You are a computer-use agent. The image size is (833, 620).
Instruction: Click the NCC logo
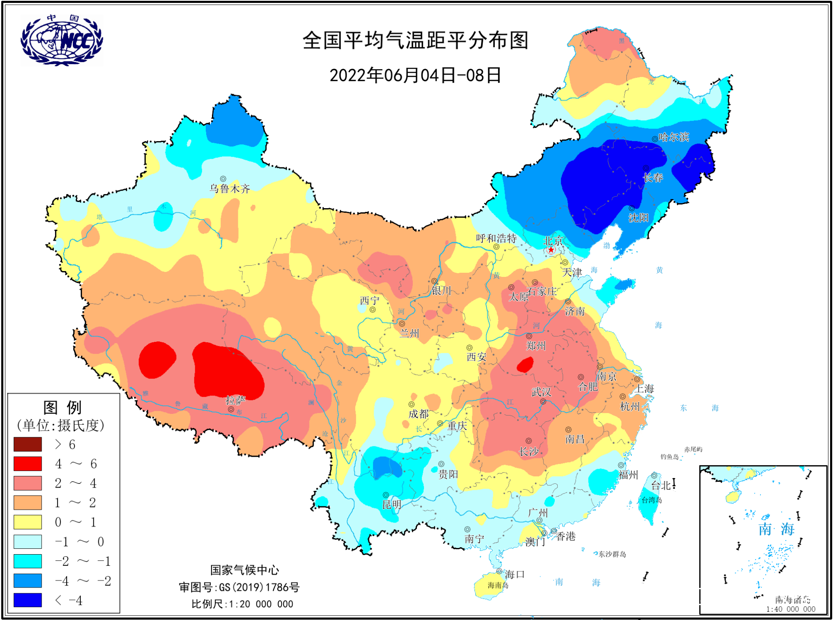tap(62, 40)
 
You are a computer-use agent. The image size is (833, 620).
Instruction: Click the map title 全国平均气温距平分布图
tap(415, 41)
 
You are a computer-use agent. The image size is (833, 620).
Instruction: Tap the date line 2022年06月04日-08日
tap(415, 76)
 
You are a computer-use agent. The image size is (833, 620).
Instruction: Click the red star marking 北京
tap(551, 250)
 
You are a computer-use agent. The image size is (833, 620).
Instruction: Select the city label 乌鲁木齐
tap(229, 189)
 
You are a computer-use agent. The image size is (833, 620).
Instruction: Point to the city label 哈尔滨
tap(673, 137)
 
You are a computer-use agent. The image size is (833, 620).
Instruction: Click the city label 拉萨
tap(235, 401)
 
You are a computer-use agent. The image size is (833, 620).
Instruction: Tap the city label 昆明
tap(392, 505)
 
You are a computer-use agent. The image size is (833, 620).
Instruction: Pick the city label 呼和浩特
tap(496, 238)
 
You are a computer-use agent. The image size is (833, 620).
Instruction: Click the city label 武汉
tap(541, 392)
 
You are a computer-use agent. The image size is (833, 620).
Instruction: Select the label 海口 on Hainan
tap(514, 575)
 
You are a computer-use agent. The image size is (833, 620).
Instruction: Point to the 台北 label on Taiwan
tap(661, 486)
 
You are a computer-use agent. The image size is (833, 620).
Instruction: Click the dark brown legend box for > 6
tap(27, 444)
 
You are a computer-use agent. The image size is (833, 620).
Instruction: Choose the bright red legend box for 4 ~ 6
tap(27, 463)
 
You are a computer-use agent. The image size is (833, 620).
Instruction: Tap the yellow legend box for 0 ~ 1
tap(27, 522)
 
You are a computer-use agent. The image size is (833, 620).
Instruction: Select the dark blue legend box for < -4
tap(27, 600)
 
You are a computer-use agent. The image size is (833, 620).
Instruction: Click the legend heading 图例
tap(62, 408)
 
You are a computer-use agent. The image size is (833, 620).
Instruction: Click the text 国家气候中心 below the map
tap(244, 570)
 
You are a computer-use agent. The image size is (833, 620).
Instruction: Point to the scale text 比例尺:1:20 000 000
tap(242, 604)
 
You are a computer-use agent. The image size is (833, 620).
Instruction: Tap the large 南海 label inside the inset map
tap(776, 529)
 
